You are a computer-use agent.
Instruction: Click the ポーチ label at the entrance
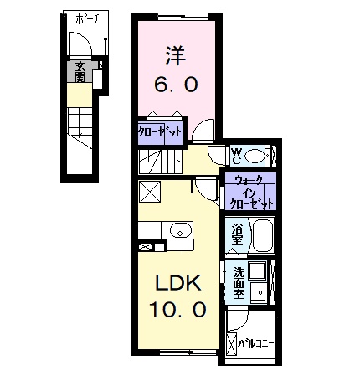(x=85, y=18)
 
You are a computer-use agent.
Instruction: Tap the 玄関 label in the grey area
(x=80, y=73)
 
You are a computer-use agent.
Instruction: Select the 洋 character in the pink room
(x=174, y=57)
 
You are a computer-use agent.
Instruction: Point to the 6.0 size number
(x=174, y=85)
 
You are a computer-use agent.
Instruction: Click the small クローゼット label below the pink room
(x=156, y=132)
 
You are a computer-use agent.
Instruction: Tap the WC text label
(x=236, y=156)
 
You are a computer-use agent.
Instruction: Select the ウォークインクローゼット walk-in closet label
(x=249, y=192)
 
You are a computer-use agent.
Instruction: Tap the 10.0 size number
(x=177, y=310)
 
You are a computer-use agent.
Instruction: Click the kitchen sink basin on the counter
(x=178, y=230)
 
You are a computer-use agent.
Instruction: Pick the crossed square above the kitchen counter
(x=151, y=192)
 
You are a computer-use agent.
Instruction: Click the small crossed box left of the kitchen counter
(x=147, y=247)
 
